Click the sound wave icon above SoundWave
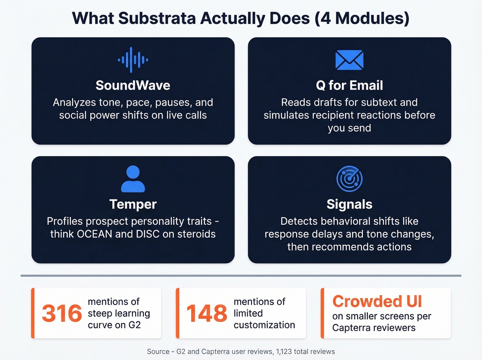coord(133,60)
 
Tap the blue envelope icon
coord(349,60)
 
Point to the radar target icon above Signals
coord(349,179)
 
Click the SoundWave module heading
coord(133,85)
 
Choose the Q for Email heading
coord(349,85)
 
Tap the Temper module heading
coord(133,204)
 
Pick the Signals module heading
coord(349,204)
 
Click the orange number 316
coord(62,313)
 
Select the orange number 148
coord(207,313)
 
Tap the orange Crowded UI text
coord(377,301)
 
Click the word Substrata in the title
coord(157,18)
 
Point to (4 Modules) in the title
coord(362,18)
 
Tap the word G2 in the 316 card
coord(134,325)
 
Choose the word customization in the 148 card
coord(264,325)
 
